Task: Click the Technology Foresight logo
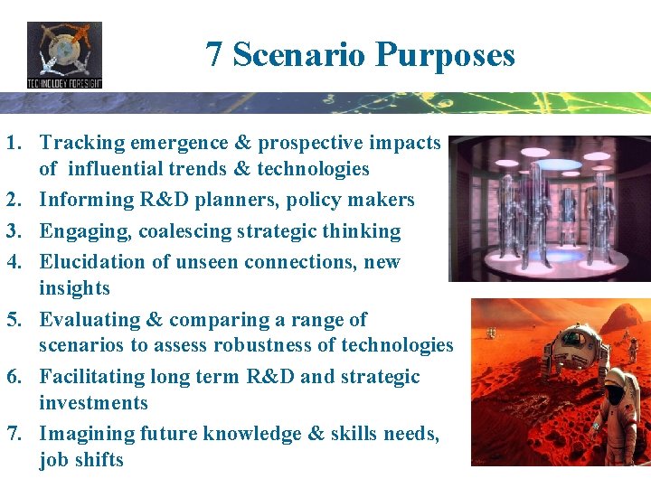64,55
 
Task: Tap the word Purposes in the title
446,55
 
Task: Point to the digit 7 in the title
213,55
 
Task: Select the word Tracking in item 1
82,143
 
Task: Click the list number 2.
13,200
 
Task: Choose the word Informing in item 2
88,200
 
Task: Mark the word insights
74,288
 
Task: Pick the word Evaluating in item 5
90,319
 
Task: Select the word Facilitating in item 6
94,376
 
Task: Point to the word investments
93,402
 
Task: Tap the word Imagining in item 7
87,434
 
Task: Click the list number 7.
13,434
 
